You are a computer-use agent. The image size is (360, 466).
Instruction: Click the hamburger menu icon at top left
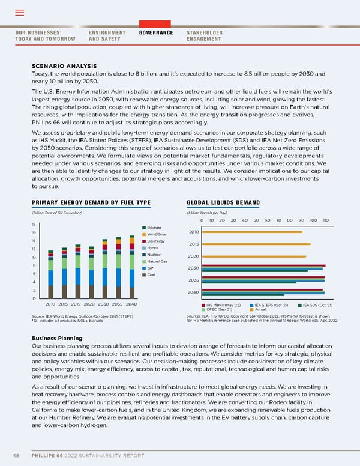tap(19, 13)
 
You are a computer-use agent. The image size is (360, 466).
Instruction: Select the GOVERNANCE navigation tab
tap(155, 32)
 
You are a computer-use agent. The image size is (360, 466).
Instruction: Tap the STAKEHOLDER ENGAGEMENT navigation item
tap(205, 35)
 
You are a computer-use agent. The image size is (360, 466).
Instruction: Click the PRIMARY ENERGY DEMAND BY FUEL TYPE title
tap(91, 202)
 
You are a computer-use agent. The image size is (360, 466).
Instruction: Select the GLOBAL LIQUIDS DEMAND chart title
tap(223, 202)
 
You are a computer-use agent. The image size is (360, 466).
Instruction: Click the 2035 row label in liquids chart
tap(193, 280)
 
